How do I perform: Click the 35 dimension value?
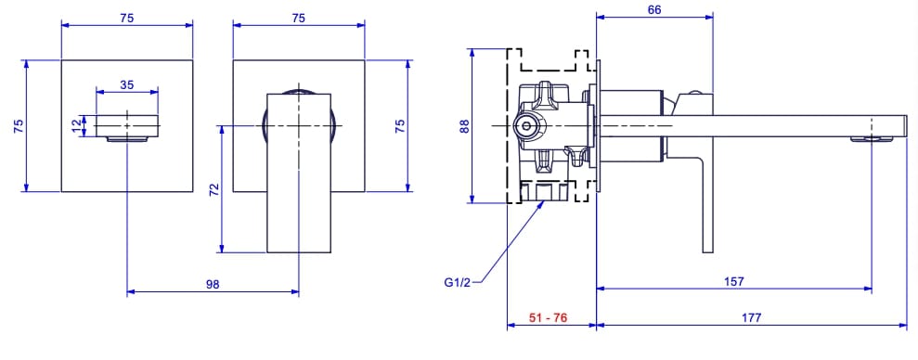click(x=127, y=84)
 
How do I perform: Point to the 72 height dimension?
click(x=213, y=190)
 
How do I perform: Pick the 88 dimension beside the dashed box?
click(x=465, y=124)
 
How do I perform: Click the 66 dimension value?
click(x=654, y=9)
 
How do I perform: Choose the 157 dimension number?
click(x=732, y=281)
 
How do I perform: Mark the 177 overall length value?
click(x=751, y=317)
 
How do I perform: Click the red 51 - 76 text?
click(x=548, y=317)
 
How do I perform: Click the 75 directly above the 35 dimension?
click(x=126, y=16)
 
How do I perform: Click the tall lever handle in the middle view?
click(x=298, y=186)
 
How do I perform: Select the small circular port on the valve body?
click(x=525, y=124)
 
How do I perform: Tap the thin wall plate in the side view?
click(x=595, y=125)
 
